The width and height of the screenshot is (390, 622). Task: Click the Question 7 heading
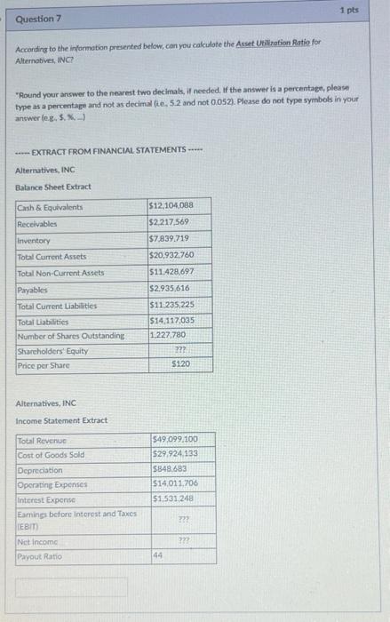pos(36,18)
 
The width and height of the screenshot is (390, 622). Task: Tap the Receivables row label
pos(36,224)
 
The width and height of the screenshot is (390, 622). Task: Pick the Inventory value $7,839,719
pos(169,240)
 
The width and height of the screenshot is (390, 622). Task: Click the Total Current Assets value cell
pos(171,257)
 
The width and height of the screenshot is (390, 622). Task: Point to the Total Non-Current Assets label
pos(60,273)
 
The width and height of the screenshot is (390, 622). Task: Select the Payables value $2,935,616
pos(169,290)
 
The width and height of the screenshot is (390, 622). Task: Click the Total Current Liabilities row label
pos(58,306)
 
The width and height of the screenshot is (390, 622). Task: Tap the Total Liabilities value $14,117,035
pos(171,322)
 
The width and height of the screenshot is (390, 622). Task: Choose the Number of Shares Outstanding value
pos(167,335)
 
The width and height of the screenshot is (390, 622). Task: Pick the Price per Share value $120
pos(180,364)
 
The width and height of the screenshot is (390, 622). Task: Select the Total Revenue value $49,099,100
pos(175,439)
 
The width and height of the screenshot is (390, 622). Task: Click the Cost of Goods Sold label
pos(52,455)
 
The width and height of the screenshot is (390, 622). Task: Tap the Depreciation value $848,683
pos(169,470)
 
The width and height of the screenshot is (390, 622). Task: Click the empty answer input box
pos(71,586)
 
